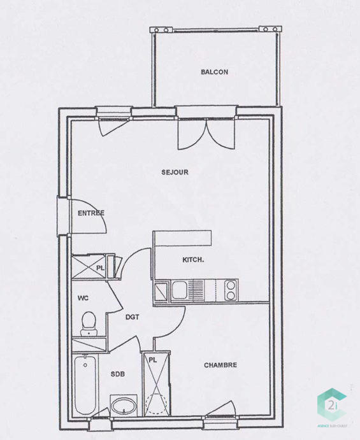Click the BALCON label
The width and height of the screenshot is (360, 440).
[x=214, y=72]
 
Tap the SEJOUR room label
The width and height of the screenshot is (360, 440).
[x=175, y=172]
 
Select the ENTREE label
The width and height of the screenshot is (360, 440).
[x=90, y=213]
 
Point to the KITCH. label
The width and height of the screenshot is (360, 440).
[x=193, y=260]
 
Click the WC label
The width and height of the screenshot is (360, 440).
[x=83, y=297]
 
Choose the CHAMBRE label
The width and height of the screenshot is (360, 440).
[x=220, y=365]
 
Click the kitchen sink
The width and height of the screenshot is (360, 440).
[x=179, y=290]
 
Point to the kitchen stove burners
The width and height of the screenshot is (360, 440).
[x=229, y=289]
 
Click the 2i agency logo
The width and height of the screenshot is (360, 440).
[x=331, y=406]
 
